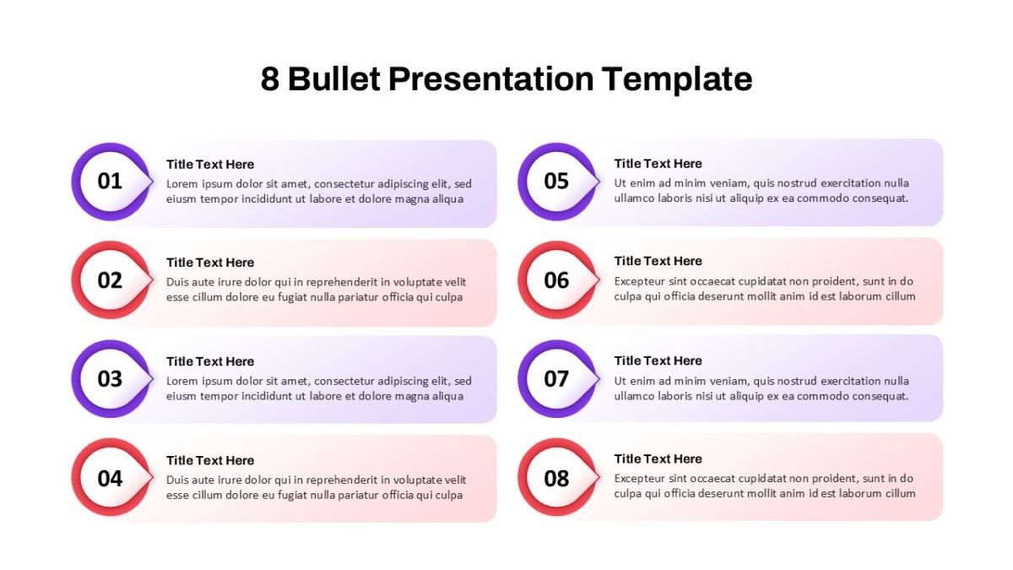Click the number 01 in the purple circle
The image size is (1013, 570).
(x=110, y=182)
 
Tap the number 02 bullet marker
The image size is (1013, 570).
(x=110, y=280)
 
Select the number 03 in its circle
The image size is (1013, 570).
(x=110, y=379)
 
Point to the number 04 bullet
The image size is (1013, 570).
(x=110, y=478)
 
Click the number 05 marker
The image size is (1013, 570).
(x=556, y=182)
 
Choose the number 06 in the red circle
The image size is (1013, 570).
(x=556, y=280)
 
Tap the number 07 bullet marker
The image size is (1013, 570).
(x=556, y=379)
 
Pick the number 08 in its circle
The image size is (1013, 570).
(x=556, y=478)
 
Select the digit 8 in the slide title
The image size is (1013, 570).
(x=270, y=79)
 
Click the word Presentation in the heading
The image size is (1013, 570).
(x=491, y=79)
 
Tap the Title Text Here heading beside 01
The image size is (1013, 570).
(x=210, y=164)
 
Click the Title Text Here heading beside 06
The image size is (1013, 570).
(x=658, y=261)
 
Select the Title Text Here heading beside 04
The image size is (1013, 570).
(x=210, y=460)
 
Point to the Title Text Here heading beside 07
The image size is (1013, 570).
(x=658, y=361)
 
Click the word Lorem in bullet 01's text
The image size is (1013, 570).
(x=181, y=184)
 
